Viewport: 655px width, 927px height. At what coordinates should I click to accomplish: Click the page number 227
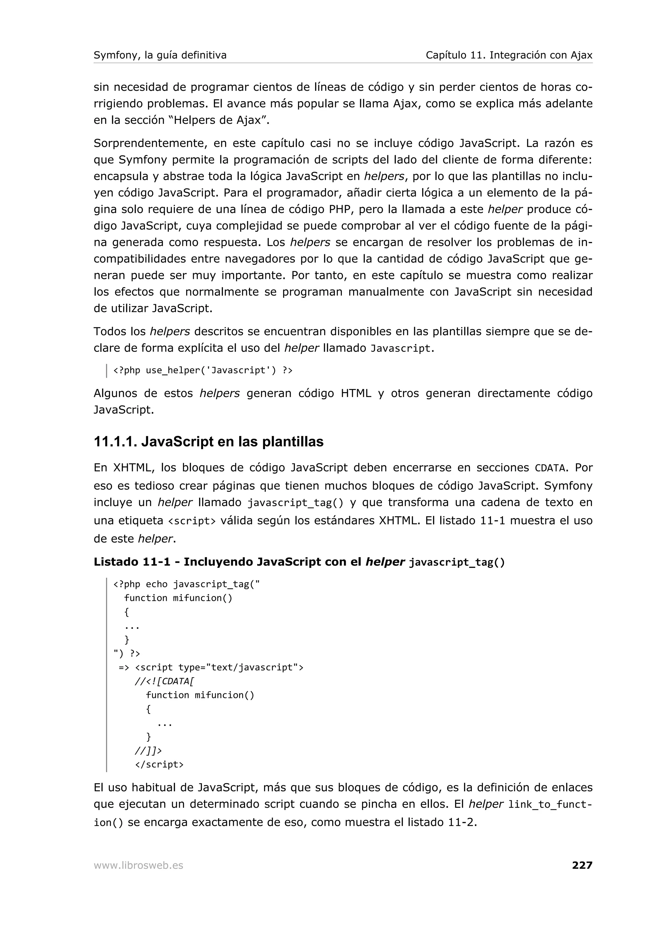pos(581,865)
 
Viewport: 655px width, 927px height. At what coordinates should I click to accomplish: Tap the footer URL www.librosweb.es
pos(138,865)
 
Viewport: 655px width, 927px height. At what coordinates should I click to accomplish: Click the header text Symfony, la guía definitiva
pos(160,55)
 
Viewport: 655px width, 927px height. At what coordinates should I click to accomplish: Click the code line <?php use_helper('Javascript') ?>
pos(202,370)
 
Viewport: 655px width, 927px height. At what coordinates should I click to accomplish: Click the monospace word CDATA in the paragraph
pos(550,468)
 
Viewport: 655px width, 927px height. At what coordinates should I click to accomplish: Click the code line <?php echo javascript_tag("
pos(186,584)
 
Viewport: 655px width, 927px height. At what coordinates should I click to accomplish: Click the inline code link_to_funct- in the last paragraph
pos(550,804)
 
